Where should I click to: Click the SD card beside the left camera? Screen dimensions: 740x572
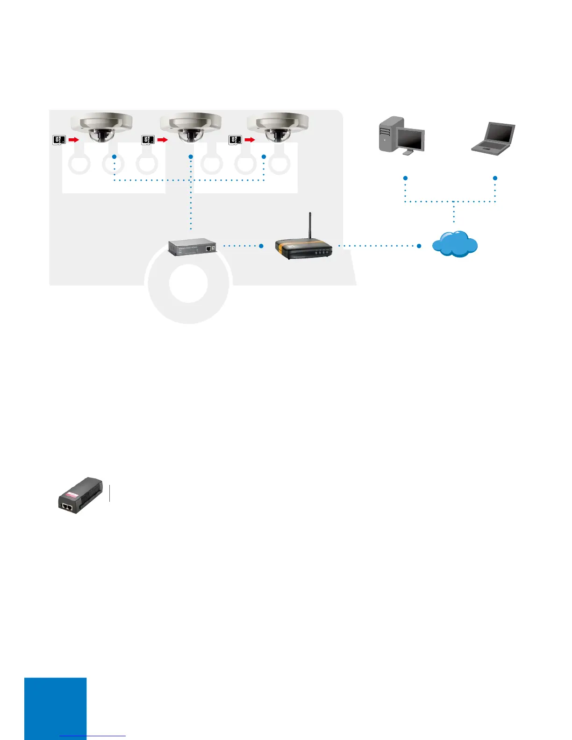pos(59,139)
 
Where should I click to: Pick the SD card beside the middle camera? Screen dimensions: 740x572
pos(148,139)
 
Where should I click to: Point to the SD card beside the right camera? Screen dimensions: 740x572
pos(235,139)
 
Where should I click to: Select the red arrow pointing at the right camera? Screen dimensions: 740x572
pos(250,139)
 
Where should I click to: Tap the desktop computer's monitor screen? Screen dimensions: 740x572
pos(412,138)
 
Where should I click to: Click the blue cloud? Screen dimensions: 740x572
pos(455,244)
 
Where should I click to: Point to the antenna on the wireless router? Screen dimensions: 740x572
pos(310,226)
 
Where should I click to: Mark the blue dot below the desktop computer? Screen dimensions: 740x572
pos(406,178)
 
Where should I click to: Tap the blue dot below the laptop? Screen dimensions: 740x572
pos(495,178)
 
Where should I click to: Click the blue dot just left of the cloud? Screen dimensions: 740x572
pos(419,246)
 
